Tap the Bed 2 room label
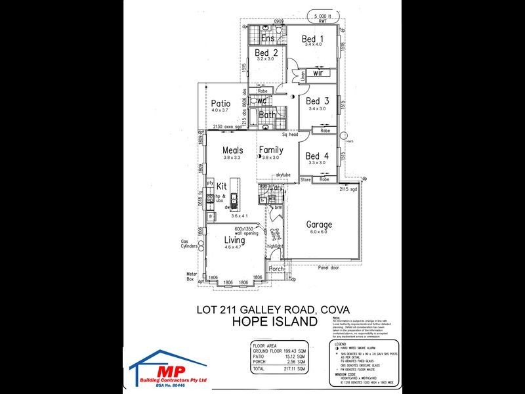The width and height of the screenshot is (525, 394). pyautogui.click(x=267, y=53)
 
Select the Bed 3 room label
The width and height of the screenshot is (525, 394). pyautogui.click(x=318, y=101)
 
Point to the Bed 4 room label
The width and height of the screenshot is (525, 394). pyautogui.click(x=318, y=156)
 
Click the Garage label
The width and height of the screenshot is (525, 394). pyautogui.click(x=320, y=225)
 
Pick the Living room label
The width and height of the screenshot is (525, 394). pyautogui.click(x=234, y=240)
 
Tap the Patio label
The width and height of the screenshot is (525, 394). pyautogui.click(x=220, y=103)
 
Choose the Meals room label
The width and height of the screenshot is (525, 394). pyautogui.click(x=233, y=150)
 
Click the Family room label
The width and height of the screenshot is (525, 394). pyautogui.click(x=270, y=150)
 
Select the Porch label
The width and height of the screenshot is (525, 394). pyautogui.click(x=276, y=268)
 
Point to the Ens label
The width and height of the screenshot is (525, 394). pyautogui.click(x=267, y=39)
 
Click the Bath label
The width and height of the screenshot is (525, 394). pyautogui.click(x=267, y=115)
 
